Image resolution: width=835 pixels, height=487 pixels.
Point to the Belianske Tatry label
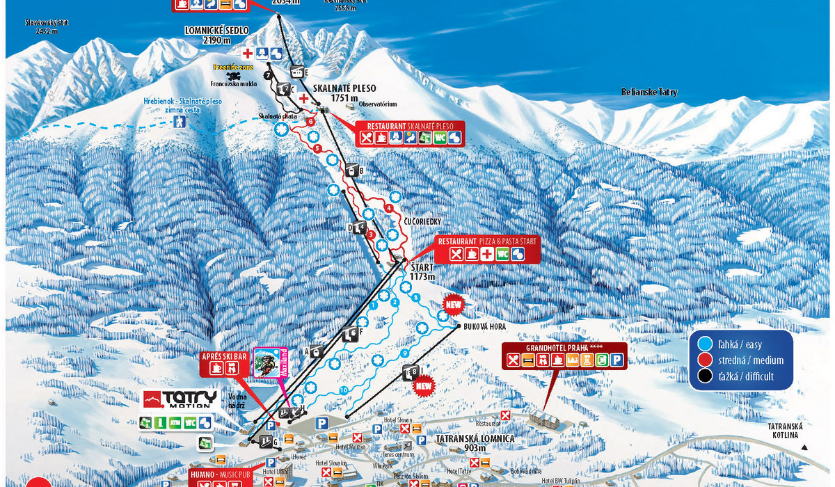tap(649, 93)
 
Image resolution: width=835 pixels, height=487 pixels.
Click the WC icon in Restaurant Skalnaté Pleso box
tap(439, 138)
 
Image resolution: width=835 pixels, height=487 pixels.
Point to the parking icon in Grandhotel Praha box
tap(617, 360)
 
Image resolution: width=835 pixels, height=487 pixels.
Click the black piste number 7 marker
tap(268, 74)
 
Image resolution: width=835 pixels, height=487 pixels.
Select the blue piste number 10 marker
tap(344, 391)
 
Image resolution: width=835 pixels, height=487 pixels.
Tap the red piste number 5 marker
tap(317, 148)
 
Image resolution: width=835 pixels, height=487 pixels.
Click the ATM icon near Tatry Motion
tap(174, 422)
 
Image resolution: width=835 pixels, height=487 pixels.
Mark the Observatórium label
tap(378, 104)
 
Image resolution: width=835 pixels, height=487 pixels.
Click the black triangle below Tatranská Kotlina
tap(803, 448)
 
